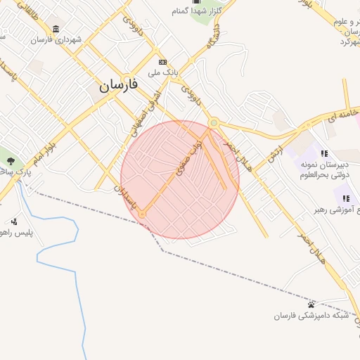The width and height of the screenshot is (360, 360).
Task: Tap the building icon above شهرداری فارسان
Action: tap(56, 29)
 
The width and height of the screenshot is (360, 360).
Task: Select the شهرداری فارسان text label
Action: tap(56, 40)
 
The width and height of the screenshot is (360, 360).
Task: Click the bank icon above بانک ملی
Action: tap(162, 62)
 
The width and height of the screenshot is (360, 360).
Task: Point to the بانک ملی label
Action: tap(163, 72)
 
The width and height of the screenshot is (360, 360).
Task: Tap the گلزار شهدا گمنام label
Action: tap(200, 12)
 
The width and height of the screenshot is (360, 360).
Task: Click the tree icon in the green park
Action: tap(9, 162)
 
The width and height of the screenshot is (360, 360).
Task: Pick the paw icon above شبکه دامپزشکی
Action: tap(311, 304)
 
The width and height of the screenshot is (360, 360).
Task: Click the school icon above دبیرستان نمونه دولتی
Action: tap(324, 153)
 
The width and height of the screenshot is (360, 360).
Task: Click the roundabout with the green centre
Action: tap(213, 124)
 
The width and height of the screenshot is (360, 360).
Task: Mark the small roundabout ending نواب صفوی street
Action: tap(142, 213)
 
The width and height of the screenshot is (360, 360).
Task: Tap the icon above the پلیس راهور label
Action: tap(14, 221)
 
